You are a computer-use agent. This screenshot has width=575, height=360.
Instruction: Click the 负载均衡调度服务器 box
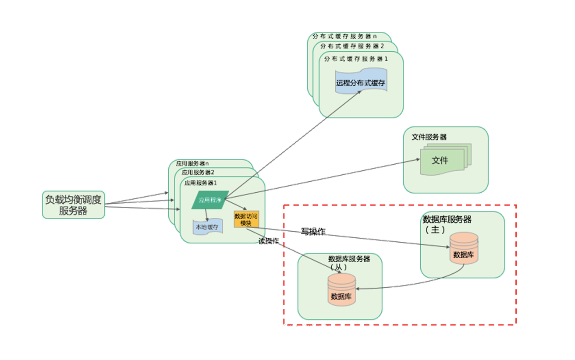point(73,205)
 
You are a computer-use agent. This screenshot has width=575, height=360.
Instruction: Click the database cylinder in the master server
point(463,248)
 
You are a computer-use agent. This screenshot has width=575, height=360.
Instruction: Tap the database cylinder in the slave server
point(341,289)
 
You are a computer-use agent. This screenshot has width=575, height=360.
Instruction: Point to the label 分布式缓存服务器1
point(356,59)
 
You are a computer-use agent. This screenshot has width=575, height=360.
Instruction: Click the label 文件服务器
point(429,137)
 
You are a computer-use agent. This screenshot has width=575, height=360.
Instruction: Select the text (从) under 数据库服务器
point(338,267)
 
